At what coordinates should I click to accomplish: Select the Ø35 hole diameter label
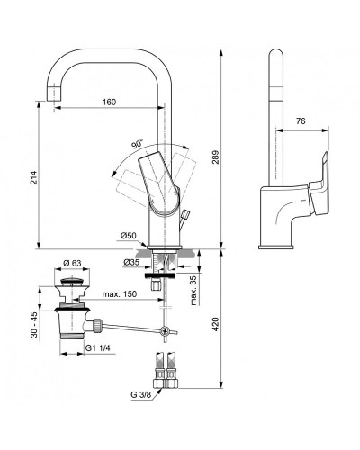click(132, 264)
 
